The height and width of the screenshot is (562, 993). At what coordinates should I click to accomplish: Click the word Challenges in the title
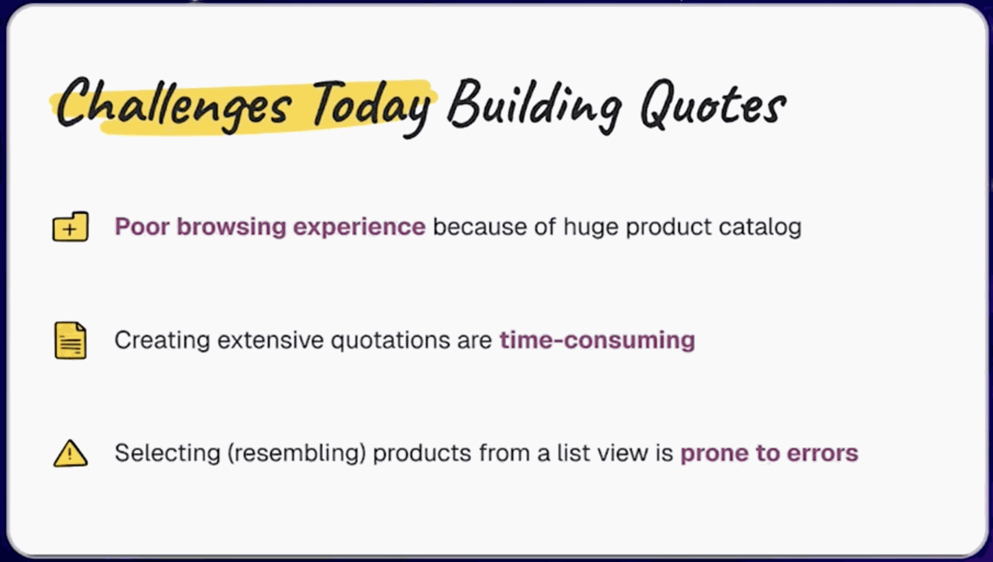173,103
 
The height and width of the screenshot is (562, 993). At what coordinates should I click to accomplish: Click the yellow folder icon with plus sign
70,227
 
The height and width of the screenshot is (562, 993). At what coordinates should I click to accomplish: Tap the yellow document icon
70,340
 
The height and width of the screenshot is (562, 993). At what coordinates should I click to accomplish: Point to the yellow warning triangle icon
70,454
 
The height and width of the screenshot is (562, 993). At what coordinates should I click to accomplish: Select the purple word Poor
142,227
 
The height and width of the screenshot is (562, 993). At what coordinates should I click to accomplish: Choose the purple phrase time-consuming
597,341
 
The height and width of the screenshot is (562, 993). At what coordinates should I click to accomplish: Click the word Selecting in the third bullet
167,453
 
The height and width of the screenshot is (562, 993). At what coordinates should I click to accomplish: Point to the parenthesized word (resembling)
297,453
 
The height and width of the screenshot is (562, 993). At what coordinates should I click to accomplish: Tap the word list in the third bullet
574,453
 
